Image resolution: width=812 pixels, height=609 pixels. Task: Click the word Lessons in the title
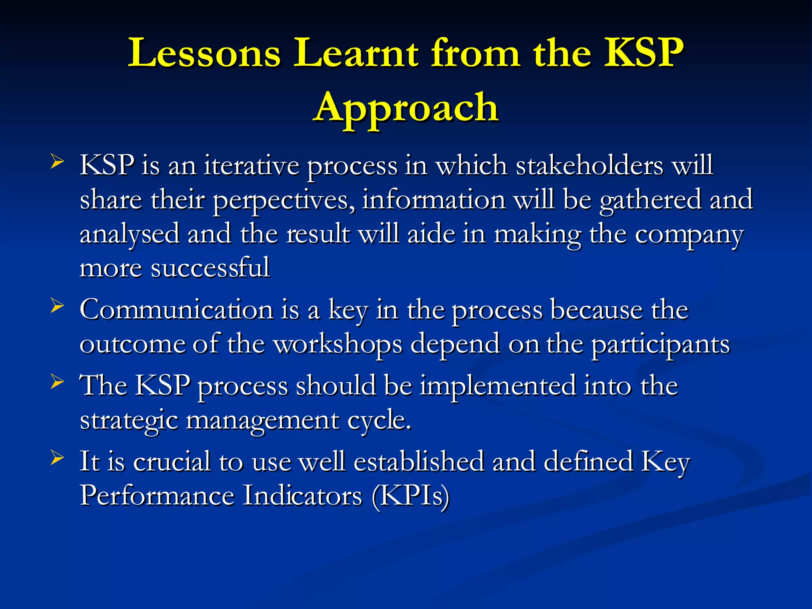click(204, 53)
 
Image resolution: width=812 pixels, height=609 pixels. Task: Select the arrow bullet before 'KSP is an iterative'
click(57, 162)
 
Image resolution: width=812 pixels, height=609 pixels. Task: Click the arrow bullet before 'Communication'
click(57, 306)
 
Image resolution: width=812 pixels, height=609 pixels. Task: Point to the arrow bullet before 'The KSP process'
click(57, 382)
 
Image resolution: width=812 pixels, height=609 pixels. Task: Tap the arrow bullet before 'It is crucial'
click(57, 458)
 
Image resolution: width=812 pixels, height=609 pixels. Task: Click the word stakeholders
click(589, 165)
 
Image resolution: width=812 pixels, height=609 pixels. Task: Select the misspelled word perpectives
click(284, 201)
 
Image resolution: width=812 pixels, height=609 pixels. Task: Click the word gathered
click(650, 201)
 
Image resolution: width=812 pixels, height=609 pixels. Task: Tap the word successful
click(210, 268)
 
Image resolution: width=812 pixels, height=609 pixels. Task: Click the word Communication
click(176, 310)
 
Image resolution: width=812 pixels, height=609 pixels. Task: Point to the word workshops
click(338, 344)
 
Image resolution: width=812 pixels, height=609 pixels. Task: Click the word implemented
click(498, 386)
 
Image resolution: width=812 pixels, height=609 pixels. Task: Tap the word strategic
click(129, 421)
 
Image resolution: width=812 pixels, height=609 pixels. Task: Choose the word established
click(419, 462)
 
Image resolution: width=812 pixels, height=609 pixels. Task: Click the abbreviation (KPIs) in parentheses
click(410, 496)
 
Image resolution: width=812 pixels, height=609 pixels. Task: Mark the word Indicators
click(302, 496)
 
